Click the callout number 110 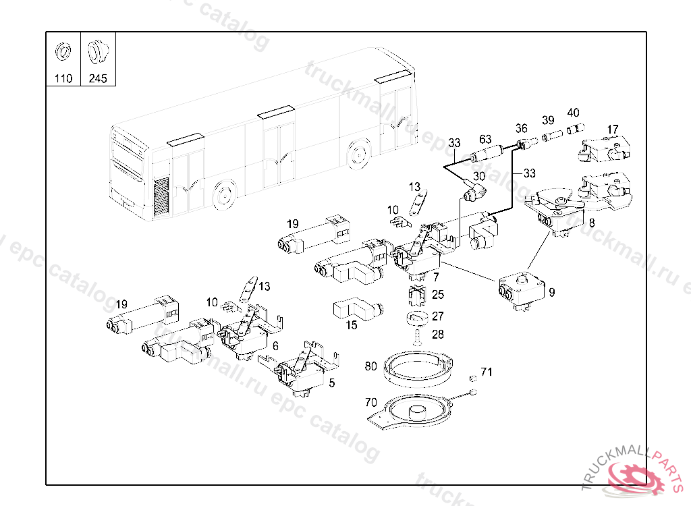63,78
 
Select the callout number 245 98,78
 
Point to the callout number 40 573,113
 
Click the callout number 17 612,129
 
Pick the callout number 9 552,292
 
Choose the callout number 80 370,366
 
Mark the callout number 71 487,372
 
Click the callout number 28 438,334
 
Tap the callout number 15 352,325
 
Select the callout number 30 478,176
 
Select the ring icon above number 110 63,51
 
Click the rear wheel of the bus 359,154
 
